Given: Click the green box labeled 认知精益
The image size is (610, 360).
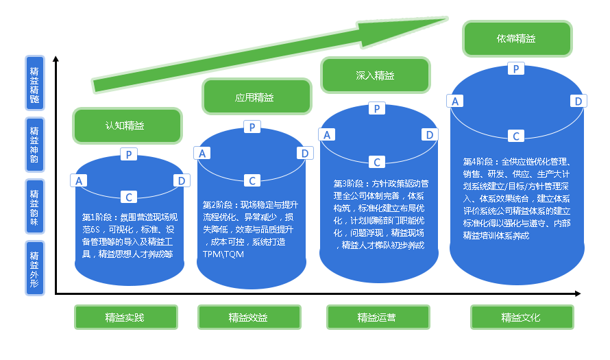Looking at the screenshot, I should click(x=127, y=125).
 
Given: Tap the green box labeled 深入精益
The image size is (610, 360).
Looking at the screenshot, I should click(x=375, y=75).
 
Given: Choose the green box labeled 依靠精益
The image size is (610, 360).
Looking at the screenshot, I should click(x=517, y=38).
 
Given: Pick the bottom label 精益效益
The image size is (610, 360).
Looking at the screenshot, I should click(x=248, y=317).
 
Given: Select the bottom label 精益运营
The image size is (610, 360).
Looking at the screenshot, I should click(x=376, y=317).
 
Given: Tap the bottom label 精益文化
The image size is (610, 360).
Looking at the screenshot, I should click(x=521, y=317).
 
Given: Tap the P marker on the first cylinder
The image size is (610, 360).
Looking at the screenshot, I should click(x=129, y=154).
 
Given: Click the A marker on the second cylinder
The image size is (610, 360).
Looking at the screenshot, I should click(x=202, y=153).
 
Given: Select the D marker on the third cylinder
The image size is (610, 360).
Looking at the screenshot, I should click(x=430, y=134).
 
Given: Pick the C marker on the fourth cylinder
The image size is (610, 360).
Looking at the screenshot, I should click(x=516, y=136).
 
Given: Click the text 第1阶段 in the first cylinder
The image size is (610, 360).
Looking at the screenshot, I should click(x=97, y=217).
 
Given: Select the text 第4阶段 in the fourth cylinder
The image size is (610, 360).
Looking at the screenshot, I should click(x=478, y=162).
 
